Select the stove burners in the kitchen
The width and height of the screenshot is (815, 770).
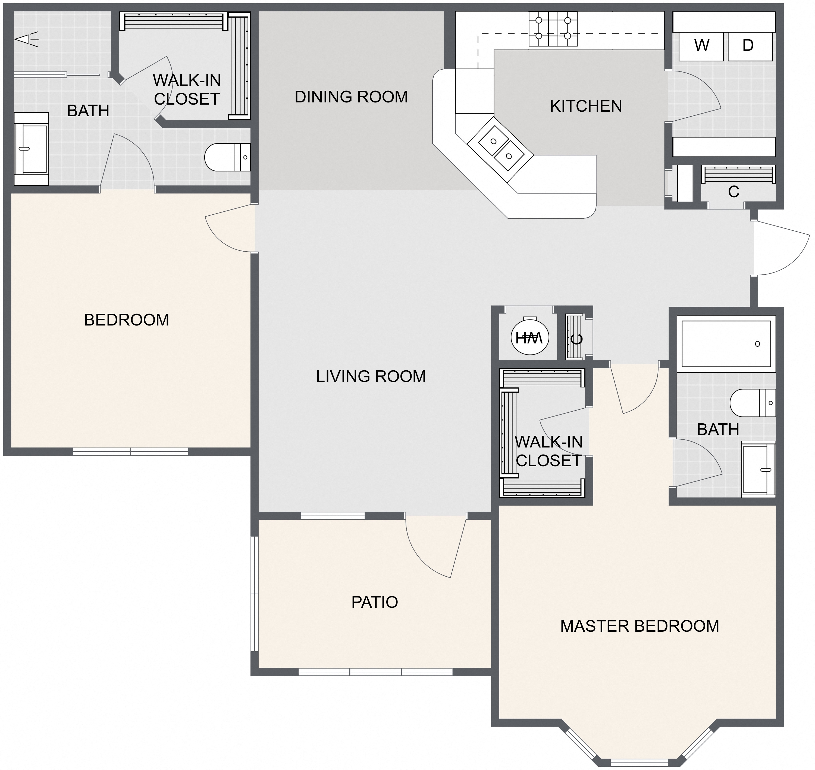(553, 28)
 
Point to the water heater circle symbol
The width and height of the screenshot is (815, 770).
(529, 337)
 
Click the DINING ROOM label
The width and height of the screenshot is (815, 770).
(351, 97)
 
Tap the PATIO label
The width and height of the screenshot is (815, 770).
(374, 602)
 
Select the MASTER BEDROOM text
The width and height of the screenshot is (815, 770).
(639, 626)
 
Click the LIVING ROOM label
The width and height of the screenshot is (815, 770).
(371, 376)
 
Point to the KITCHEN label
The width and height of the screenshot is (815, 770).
(586, 106)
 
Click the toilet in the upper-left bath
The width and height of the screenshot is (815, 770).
(227, 157)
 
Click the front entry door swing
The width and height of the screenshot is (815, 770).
(780, 248)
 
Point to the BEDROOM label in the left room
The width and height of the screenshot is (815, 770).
(126, 320)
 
